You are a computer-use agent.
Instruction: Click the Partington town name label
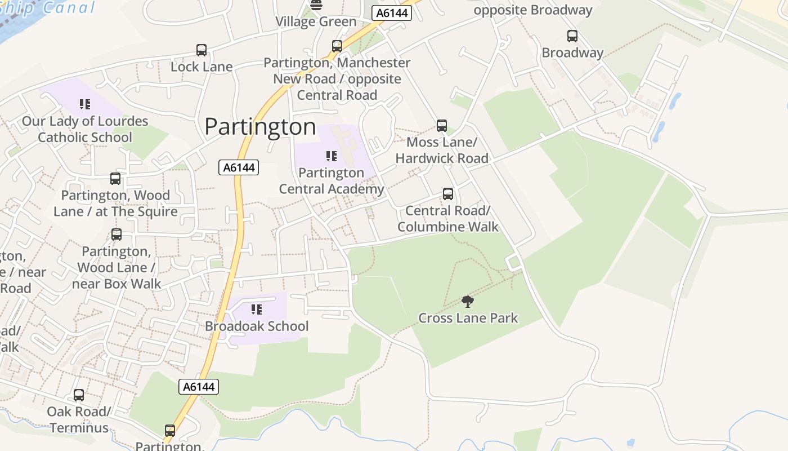[260, 126]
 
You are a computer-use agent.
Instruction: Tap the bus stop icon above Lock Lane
[202, 50]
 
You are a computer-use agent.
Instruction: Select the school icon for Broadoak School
[257, 309]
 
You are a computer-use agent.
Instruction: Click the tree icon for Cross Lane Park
[467, 301]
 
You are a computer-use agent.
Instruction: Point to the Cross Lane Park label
[468, 318]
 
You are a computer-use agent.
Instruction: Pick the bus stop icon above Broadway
[572, 36]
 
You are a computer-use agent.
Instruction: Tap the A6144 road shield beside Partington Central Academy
[239, 167]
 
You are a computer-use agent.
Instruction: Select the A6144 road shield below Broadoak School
[199, 387]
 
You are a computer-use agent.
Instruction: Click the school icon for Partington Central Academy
[332, 156]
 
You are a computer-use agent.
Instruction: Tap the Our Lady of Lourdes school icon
[85, 104]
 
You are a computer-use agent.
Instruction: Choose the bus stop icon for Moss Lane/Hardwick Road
[442, 125]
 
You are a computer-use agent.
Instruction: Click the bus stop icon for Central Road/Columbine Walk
[448, 194]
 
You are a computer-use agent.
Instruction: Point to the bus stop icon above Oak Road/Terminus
[79, 395]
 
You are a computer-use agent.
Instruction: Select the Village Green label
[316, 22]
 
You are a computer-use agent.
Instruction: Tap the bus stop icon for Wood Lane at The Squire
[115, 179]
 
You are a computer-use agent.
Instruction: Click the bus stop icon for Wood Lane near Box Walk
[117, 234]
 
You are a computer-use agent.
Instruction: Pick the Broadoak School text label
[257, 326]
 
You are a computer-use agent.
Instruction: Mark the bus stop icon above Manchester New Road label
[337, 46]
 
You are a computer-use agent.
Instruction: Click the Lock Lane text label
[202, 67]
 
